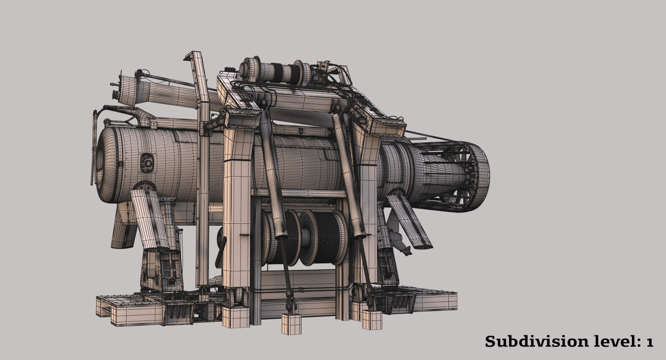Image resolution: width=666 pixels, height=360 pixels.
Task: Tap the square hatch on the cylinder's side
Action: (x=147, y=163)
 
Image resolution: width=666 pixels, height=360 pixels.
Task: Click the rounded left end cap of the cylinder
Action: (x=104, y=164)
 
